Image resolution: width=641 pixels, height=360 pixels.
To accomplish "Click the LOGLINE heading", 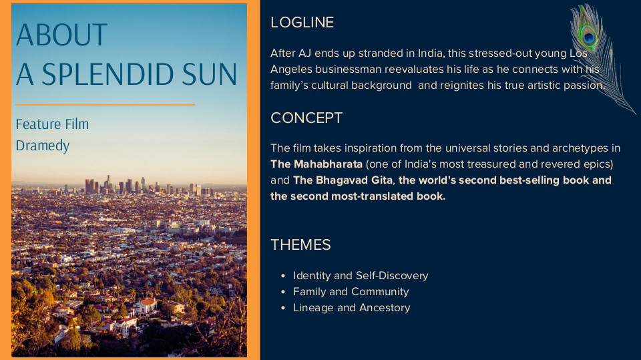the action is coord(302,23).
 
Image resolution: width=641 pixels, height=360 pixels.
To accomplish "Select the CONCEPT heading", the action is coord(306,118).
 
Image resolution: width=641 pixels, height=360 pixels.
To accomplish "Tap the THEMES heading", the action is coord(300,244).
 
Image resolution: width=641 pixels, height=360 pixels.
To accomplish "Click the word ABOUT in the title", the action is coord(61,35).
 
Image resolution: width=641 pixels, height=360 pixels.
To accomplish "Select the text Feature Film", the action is coord(52,124).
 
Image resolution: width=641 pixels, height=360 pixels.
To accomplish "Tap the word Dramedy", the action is coord(43,146).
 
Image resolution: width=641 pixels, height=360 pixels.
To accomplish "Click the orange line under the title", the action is coord(105,105).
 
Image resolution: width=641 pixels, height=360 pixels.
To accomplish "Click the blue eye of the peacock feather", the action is coord(589,38).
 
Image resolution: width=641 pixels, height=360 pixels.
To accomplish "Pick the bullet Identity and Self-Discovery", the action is coord(361,275).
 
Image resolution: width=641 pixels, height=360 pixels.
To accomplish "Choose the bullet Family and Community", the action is coord(351,291).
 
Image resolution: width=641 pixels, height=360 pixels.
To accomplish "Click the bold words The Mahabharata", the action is coord(316,164).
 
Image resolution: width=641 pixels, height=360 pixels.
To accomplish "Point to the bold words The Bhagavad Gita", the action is coord(343,180).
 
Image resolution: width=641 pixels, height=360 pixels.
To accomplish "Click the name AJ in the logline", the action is coord(304,53).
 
